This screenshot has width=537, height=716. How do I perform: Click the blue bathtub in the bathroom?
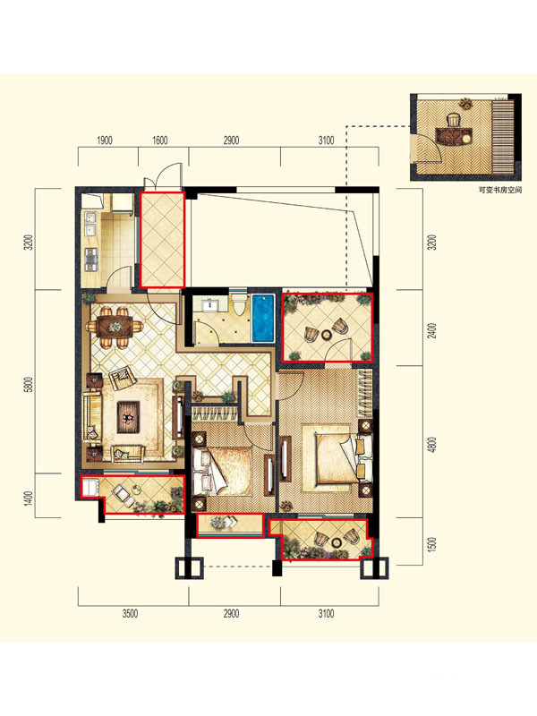point(262,319)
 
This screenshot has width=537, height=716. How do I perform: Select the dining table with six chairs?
point(115,327)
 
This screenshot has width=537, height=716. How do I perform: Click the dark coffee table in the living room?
point(128,416)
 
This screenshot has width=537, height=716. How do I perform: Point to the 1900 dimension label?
point(104,141)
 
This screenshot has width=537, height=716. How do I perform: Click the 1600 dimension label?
point(159,141)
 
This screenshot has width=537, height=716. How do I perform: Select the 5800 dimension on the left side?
point(30,385)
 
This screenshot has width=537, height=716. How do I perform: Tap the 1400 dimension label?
point(30,499)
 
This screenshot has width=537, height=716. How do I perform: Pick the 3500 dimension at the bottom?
point(130,613)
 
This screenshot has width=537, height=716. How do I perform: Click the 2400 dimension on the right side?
point(433,330)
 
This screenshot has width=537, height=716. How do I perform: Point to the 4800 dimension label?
point(433,445)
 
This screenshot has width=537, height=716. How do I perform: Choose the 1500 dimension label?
point(433,544)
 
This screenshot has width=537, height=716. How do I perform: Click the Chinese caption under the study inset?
point(499,190)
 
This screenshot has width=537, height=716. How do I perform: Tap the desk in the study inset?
point(453,136)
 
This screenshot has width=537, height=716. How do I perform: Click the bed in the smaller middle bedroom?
point(222,472)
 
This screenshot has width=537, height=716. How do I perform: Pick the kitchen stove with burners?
point(91,260)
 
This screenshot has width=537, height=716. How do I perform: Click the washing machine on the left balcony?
point(90,487)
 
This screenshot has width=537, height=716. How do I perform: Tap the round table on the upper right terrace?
point(327,335)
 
